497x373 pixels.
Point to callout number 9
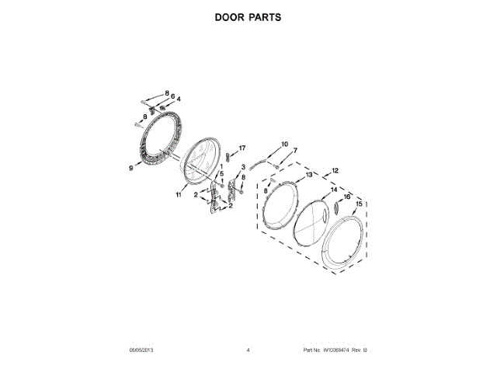tap(131, 166)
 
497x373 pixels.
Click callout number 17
tap(242, 148)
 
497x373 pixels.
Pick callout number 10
tap(283, 144)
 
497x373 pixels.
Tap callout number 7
tap(294, 150)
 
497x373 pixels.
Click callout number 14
tap(333, 189)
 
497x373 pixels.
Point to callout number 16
tap(347, 197)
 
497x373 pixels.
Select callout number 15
tap(359, 204)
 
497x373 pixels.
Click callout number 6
tap(172, 96)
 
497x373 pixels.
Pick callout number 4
tap(179, 100)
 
